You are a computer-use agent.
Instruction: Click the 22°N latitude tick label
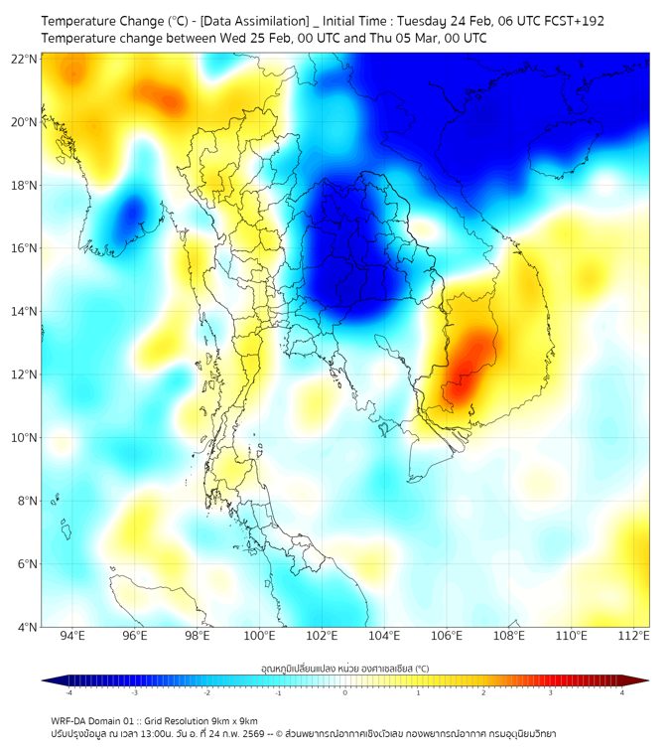pyautogui.click(x=24, y=59)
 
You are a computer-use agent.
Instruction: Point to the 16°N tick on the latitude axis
pyautogui.click(x=24, y=247)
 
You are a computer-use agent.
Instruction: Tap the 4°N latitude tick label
pyautogui.click(x=27, y=627)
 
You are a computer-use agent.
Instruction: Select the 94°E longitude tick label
pyautogui.click(x=72, y=637)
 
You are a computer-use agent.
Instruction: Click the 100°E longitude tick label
pyautogui.click(x=259, y=637)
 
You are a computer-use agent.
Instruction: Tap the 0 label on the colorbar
pyautogui.click(x=345, y=693)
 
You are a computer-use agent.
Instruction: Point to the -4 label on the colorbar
pyautogui.click(x=67, y=693)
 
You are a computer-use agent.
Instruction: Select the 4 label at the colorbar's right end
pyautogui.click(x=622, y=693)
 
